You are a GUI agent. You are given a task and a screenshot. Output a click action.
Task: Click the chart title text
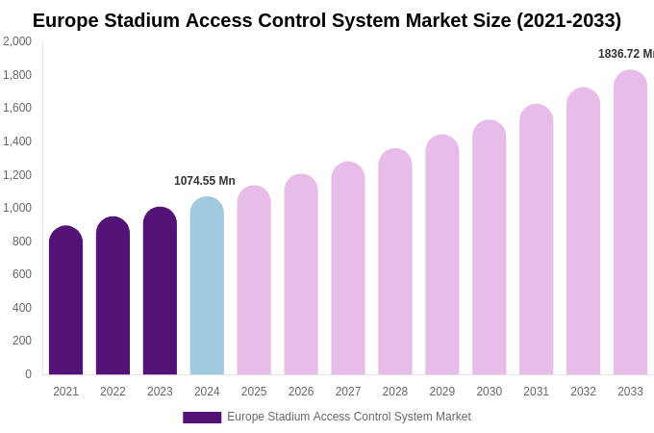point(327,20)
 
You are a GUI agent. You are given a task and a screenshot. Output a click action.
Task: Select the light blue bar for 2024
point(207,289)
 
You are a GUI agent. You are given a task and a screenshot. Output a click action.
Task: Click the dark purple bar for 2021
point(65,303)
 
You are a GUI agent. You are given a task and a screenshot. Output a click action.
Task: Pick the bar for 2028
point(395,265)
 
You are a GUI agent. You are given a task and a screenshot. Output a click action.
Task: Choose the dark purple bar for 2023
point(160,293)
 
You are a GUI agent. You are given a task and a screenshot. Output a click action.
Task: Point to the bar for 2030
point(489,250)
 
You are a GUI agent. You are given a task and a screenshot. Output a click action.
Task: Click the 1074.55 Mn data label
point(205,181)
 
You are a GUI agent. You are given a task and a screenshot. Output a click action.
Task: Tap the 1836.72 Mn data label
point(625,54)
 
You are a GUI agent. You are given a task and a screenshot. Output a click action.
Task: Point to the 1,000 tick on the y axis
point(16,208)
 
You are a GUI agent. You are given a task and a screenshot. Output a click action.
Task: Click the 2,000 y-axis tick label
point(16,41)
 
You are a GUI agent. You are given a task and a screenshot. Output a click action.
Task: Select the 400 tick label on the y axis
point(21,308)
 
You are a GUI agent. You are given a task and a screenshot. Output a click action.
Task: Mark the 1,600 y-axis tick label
point(16,108)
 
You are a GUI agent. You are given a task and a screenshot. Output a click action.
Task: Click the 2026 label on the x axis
point(301,392)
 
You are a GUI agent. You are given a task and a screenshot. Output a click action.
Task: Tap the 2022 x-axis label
point(113,392)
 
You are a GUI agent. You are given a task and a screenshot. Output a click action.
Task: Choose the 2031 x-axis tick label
point(536,392)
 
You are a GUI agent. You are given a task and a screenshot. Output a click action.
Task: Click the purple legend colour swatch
point(202,418)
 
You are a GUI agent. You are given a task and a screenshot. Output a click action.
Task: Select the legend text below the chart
point(349,417)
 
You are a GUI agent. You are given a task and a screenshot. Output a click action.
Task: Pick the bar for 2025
point(254,284)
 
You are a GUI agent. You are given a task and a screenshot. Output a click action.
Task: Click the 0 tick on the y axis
point(28,374)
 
